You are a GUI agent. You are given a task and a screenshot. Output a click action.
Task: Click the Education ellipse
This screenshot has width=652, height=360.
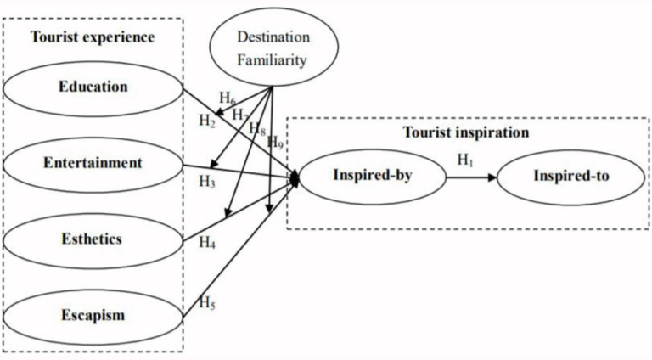[x=93, y=87]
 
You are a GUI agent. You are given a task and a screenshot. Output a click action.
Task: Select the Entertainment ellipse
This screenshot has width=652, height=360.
[x=93, y=162]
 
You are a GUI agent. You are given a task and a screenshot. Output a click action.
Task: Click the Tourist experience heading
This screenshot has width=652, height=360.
[x=93, y=37]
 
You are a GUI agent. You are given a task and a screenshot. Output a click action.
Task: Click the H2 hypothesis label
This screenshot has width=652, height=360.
[x=207, y=121]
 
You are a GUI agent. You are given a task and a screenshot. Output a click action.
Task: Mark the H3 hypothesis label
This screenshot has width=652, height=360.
[x=207, y=181]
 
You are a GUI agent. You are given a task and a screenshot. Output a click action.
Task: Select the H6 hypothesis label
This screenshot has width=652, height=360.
[x=227, y=98]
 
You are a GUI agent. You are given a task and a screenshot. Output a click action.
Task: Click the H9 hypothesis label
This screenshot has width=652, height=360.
[x=275, y=142]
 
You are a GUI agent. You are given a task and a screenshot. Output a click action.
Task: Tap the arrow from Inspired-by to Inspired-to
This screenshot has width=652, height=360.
[x=471, y=177]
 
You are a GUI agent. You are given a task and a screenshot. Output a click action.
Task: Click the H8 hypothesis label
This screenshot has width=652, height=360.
[x=256, y=129]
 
